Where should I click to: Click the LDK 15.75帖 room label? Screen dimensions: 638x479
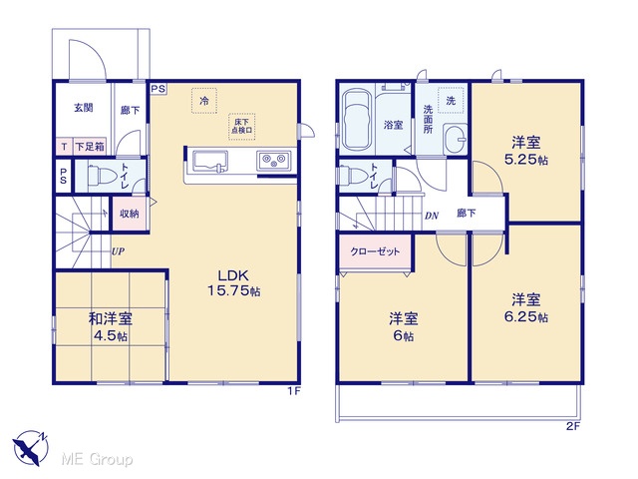tap(234, 283)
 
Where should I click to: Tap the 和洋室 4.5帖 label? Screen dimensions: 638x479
tap(111, 326)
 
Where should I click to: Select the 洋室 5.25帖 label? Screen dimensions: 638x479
tap(526, 151)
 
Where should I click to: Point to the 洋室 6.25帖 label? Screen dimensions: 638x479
tap(526, 308)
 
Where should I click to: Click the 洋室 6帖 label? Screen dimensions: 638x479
tap(403, 326)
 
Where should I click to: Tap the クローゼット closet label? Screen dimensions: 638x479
tap(375, 251)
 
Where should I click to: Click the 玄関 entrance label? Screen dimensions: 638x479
tap(84, 108)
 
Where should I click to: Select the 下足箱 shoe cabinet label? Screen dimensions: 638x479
tap(90, 147)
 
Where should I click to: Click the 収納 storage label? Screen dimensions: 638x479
tap(129, 214)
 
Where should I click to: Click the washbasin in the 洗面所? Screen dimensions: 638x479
tap(455, 139)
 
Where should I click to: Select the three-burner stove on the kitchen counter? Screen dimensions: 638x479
tap(273, 160)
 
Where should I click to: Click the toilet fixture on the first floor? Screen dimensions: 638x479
tap(101, 176)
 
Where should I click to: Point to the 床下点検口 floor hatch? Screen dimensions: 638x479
tap(241, 127)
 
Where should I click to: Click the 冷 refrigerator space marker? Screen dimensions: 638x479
tap(204, 100)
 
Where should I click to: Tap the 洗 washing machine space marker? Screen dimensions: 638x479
tap(451, 100)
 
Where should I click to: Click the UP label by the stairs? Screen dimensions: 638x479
tap(118, 251)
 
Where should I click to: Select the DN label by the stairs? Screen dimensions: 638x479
tap(432, 216)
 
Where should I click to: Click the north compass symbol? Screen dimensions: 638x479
tap(31, 448)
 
